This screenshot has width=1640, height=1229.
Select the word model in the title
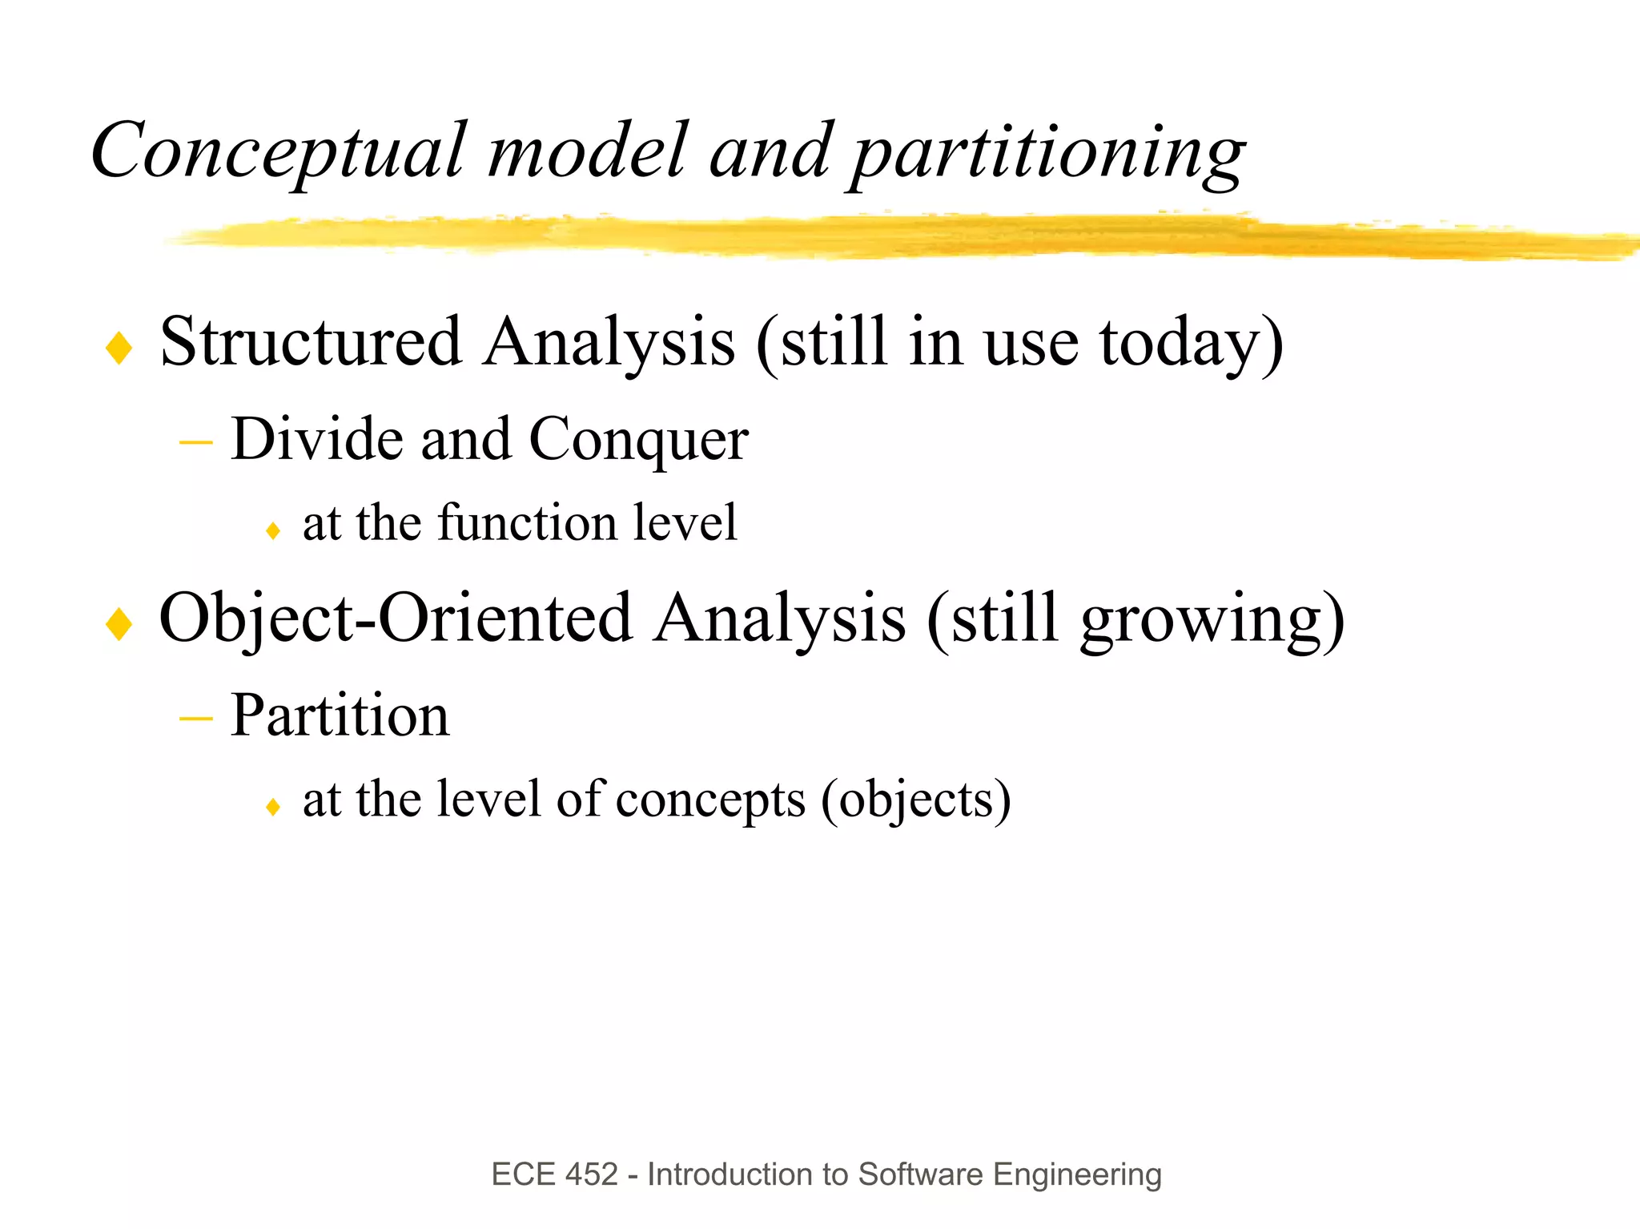point(587,151)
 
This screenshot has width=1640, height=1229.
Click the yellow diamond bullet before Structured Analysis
point(119,349)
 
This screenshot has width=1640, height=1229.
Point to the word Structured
point(311,342)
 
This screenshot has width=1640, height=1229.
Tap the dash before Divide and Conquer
point(195,441)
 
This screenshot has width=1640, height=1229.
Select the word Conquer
point(638,441)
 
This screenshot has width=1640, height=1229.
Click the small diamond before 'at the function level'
point(273,530)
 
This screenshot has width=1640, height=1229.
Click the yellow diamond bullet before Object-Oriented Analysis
point(119,624)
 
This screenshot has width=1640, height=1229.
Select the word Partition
point(340,715)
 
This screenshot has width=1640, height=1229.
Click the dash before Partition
point(195,718)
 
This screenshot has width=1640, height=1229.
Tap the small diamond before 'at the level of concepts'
point(273,806)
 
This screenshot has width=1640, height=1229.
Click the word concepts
point(710,800)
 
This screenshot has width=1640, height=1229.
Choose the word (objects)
point(916,800)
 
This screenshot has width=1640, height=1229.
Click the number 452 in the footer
point(591,1175)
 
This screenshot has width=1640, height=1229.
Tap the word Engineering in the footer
point(1077,1175)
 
